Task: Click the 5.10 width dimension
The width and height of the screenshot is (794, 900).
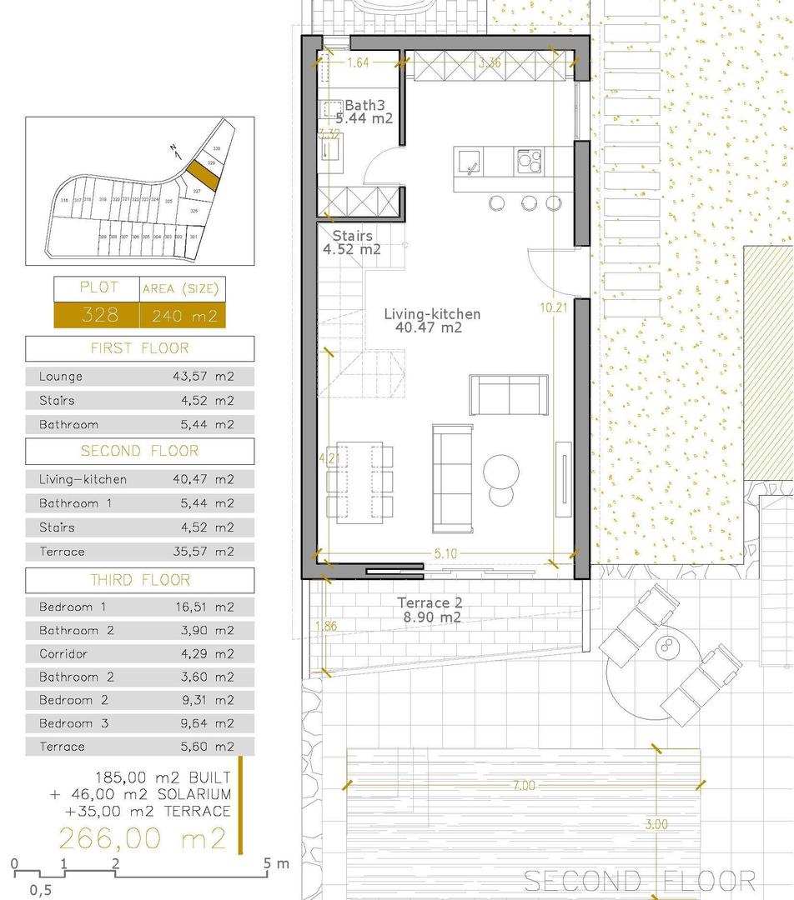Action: point(445,553)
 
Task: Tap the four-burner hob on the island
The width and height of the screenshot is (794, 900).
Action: point(529,158)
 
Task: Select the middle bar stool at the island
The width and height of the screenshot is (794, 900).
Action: point(528,202)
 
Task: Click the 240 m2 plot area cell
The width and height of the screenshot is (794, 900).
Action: point(181,315)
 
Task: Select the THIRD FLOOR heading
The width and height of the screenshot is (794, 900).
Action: point(139,580)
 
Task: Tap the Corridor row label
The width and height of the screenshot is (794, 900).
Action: point(63,654)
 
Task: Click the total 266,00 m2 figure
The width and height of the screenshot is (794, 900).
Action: point(141,837)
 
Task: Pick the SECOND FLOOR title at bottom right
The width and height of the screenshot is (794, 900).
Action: point(639,881)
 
